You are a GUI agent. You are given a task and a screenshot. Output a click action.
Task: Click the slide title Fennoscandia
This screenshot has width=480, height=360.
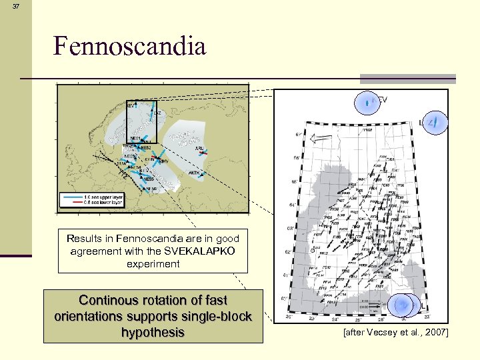click(x=129, y=46)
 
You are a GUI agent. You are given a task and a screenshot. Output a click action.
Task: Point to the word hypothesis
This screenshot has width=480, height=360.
click(x=153, y=331)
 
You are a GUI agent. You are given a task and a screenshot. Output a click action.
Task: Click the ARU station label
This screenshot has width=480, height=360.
click(x=199, y=149)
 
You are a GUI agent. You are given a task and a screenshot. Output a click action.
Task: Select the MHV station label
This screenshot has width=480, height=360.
click(x=163, y=161)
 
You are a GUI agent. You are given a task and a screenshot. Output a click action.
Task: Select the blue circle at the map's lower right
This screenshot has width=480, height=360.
click(x=404, y=304)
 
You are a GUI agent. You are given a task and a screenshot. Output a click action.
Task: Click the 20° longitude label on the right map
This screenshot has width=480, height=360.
click(x=290, y=319)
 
